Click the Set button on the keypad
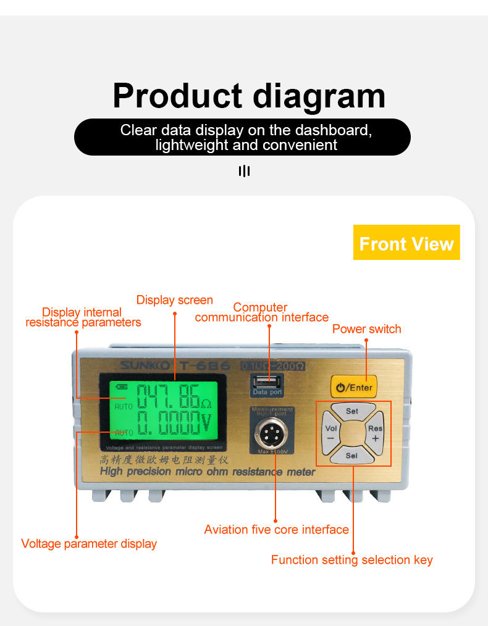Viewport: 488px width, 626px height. click(351, 411)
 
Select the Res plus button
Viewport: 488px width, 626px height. click(375, 432)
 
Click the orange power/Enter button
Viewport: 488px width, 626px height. click(354, 388)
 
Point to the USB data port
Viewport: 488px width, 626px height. click(267, 381)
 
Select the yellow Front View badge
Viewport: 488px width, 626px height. click(406, 243)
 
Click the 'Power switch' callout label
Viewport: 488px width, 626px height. click(366, 329)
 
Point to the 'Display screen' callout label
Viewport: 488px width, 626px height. click(174, 300)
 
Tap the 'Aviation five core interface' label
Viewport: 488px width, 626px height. click(276, 530)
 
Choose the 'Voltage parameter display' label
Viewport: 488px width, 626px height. click(89, 544)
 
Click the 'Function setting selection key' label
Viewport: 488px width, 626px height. click(351, 560)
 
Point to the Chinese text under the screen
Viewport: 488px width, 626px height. click(166, 460)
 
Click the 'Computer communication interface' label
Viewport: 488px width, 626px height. click(261, 312)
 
